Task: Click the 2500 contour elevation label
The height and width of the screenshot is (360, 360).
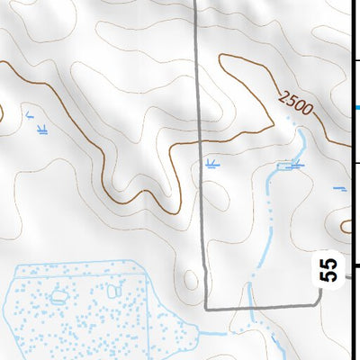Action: [x=295, y=103]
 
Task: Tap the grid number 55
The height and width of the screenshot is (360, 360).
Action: [x=330, y=269]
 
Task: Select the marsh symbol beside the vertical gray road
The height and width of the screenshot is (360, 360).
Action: [x=211, y=164]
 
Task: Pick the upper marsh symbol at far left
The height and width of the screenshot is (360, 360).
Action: [x=31, y=114]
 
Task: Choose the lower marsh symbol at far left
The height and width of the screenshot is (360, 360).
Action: [x=41, y=130]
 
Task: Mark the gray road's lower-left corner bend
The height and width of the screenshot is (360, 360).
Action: [x=206, y=308]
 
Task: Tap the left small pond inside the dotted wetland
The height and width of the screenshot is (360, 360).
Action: [x=60, y=294]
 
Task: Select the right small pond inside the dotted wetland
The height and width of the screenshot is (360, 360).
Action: [x=113, y=291]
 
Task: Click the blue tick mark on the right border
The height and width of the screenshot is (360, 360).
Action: [x=355, y=108]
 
